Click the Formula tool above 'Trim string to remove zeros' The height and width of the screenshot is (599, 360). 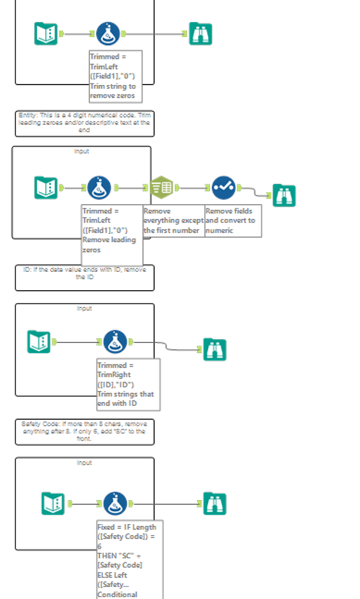(x=107, y=34)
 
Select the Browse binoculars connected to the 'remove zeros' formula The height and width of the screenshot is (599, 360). (x=200, y=34)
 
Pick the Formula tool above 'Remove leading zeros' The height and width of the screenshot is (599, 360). (x=99, y=188)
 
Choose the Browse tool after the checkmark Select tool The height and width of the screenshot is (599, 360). (x=284, y=195)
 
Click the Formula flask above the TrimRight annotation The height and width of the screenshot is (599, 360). (x=115, y=342)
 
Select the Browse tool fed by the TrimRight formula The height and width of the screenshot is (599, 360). (x=214, y=350)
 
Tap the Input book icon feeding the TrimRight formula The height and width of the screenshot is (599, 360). (x=39, y=342)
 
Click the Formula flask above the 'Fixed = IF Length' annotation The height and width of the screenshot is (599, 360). (x=115, y=504)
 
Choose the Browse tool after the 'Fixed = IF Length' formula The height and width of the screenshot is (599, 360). (x=214, y=504)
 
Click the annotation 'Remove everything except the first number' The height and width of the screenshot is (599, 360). (x=173, y=221)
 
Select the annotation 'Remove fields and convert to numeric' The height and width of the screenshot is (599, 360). (x=232, y=221)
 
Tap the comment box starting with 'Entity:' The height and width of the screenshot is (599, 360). (x=84, y=123)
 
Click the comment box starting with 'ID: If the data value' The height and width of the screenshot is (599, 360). (x=84, y=278)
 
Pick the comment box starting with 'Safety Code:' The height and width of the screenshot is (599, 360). (x=84, y=432)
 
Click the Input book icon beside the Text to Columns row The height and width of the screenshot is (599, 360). (x=46, y=188)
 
